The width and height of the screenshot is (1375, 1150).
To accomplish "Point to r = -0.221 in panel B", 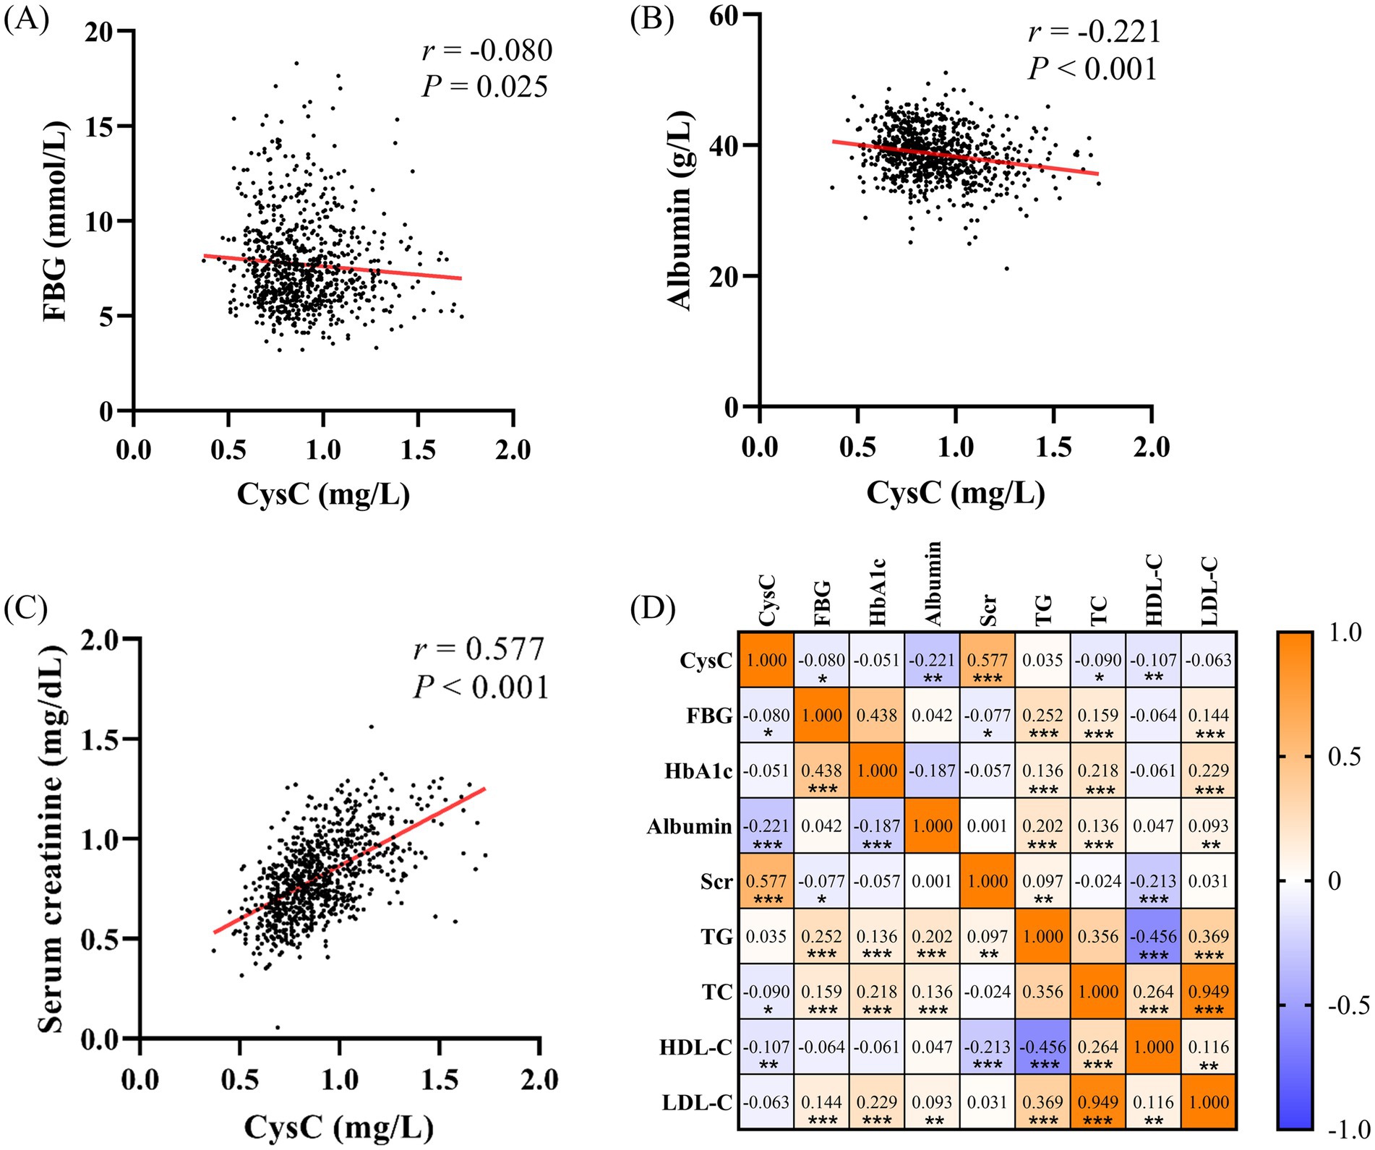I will (x=1094, y=32).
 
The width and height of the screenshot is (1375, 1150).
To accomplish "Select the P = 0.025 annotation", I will (x=485, y=87).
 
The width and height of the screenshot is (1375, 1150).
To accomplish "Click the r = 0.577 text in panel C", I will (x=479, y=649).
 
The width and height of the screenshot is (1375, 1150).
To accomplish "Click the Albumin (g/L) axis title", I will (x=681, y=211).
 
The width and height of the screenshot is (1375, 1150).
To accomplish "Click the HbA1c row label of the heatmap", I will (x=698, y=771).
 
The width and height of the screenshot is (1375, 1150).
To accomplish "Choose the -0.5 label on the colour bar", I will (x=1349, y=1005).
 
